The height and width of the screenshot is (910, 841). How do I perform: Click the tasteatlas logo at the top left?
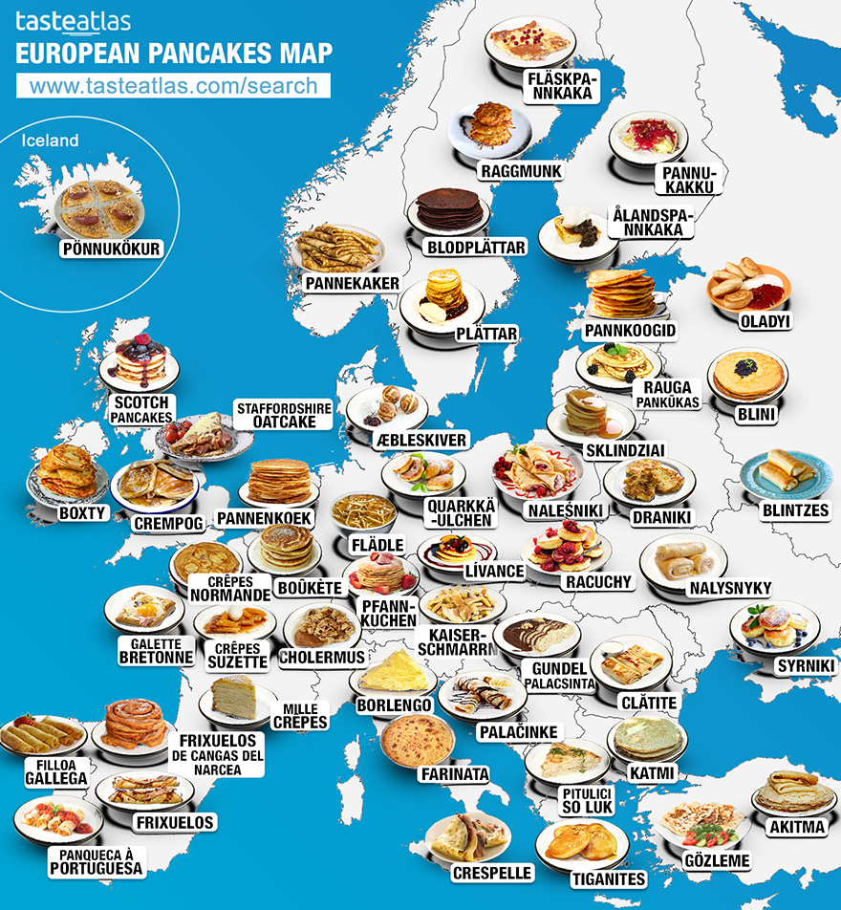[74, 21]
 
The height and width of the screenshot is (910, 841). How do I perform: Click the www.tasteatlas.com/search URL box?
[173, 85]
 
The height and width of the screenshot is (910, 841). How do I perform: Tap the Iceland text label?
[50, 141]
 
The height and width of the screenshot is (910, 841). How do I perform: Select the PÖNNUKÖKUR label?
[110, 250]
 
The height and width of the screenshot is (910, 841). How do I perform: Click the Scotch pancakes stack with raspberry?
[140, 359]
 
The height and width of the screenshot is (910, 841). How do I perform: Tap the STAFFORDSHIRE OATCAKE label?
[284, 415]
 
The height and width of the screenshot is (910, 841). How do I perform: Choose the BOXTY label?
[82, 513]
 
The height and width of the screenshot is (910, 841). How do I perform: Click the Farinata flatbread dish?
[416, 738]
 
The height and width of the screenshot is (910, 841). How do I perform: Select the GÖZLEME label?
[717, 860]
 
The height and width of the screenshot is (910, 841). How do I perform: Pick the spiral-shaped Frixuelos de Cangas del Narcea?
[136, 724]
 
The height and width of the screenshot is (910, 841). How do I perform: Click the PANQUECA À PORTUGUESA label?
[99, 861]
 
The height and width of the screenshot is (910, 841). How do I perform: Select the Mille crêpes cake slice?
[238, 697]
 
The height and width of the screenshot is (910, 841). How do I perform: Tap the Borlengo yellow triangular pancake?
[394, 671]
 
